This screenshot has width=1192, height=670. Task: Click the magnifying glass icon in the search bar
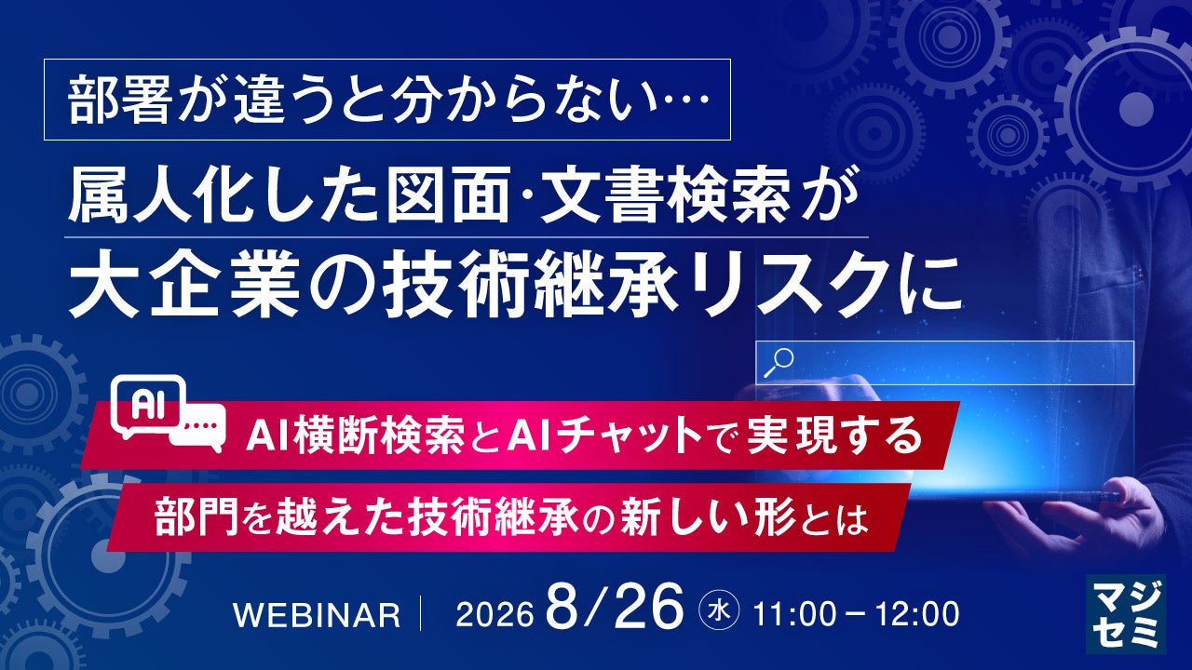click(x=779, y=363)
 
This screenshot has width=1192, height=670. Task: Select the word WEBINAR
click(x=317, y=615)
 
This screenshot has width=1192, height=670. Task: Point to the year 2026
click(x=494, y=615)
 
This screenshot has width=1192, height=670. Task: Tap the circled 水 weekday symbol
click(x=720, y=613)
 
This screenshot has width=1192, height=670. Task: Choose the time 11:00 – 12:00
click(x=856, y=615)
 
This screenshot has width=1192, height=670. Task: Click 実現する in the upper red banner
click(x=835, y=435)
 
